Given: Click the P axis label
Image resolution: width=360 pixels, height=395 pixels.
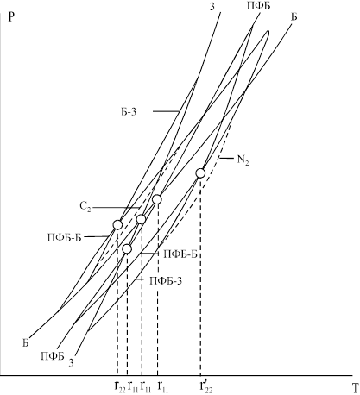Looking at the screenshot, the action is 11,17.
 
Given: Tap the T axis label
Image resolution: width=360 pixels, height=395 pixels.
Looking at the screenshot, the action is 356,388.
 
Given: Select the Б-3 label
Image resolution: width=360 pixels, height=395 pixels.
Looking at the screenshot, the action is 129,112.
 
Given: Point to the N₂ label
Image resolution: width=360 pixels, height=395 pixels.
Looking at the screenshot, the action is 243,160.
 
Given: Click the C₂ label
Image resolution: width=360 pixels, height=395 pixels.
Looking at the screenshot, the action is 85,207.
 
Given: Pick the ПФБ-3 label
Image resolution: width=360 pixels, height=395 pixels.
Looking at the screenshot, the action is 166,280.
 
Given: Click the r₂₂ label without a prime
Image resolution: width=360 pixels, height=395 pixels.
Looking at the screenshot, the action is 120,386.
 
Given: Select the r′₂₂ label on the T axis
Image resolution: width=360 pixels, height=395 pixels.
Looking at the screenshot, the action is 206,386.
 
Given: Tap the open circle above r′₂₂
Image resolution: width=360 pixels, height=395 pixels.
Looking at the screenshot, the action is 200,173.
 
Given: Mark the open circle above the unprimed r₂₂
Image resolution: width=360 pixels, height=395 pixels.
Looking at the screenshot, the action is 117,224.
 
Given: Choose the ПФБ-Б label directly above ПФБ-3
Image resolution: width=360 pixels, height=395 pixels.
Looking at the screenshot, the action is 180,254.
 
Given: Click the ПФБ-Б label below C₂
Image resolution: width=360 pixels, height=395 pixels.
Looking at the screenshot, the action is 65,238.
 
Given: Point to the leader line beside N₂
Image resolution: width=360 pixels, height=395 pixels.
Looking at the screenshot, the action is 226,158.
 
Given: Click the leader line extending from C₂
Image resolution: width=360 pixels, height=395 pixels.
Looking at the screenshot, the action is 116,208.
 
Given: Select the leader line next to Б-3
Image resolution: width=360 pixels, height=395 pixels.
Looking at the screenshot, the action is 166,111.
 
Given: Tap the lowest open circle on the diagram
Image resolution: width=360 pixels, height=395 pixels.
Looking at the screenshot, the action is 127,249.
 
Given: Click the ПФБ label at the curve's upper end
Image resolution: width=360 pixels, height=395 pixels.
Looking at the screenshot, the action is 258,6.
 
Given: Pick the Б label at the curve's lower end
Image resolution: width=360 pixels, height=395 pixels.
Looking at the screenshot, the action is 26,343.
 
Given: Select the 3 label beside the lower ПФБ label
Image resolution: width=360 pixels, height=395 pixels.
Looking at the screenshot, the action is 71,363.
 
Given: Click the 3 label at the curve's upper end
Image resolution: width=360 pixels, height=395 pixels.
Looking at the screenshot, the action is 212,7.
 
